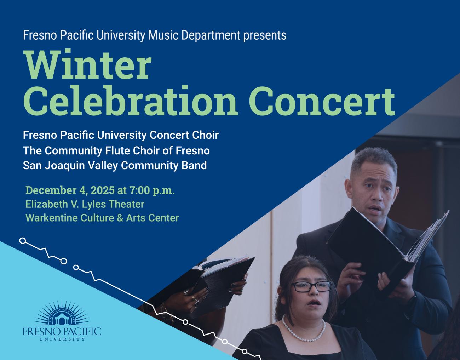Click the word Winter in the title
(x=87, y=66)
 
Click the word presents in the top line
(x=265, y=35)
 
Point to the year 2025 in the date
(x=102, y=190)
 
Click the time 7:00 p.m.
(x=152, y=190)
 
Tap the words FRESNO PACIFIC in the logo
(x=62, y=331)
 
